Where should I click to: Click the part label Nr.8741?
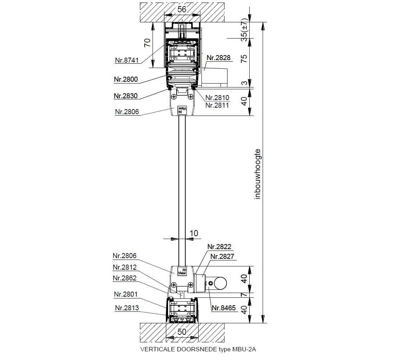point(127,60)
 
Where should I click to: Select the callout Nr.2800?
point(126,80)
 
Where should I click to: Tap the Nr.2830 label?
point(126,96)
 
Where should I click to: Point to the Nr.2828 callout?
point(219,58)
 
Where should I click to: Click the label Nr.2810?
point(217,98)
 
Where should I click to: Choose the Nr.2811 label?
point(217,105)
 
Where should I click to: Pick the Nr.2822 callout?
point(219,247)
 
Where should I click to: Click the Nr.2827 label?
point(222,256)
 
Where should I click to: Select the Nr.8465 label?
point(224,308)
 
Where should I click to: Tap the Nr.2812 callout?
point(125,267)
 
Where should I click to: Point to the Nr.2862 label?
point(125,278)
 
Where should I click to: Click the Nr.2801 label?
point(126,294)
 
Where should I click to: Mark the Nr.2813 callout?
point(127,308)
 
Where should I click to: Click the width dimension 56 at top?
point(182,9)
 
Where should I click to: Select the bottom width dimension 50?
point(182,332)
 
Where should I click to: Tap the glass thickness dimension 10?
point(194,233)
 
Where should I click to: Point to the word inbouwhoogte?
point(258,174)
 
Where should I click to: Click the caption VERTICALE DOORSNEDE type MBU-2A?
point(198,349)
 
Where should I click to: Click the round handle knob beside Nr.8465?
point(220,283)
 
